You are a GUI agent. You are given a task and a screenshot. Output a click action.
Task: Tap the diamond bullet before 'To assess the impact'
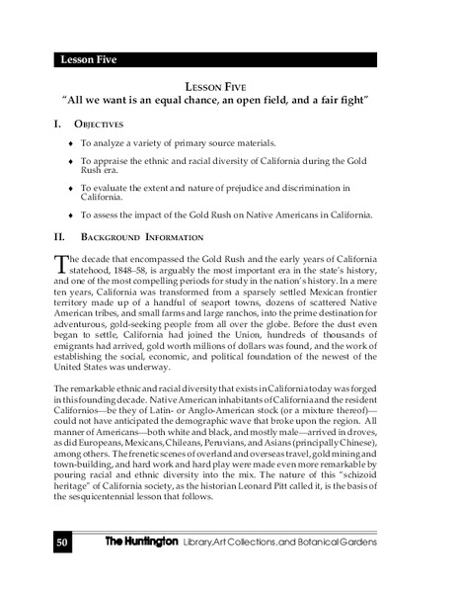pyautogui.click(x=69, y=214)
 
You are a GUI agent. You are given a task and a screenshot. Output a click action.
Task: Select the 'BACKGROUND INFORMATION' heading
pyautogui.click(x=142, y=237)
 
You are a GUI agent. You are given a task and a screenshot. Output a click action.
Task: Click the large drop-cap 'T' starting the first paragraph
pyautogui.click(x=58, y=263)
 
